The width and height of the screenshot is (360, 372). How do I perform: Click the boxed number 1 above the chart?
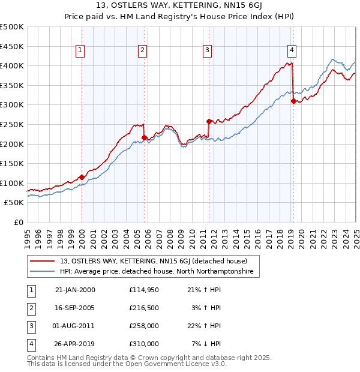coord(80,50)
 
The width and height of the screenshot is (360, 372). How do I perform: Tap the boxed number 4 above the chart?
coord(292,50)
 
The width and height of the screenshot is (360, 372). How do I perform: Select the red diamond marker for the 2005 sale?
coord(144,137)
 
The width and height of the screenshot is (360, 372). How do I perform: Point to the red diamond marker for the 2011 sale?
coord(208,121)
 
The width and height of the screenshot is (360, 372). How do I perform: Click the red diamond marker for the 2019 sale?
coord(293,101)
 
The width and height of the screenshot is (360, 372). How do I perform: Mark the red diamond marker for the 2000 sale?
coord(82,177)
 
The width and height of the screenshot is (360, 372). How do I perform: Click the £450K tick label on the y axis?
coord(12,46)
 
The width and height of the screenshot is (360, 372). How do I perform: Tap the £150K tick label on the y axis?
coord(12,164)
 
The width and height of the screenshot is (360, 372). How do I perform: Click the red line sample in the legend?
coord(43,262)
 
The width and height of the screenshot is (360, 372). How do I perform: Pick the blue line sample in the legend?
coord(43,272)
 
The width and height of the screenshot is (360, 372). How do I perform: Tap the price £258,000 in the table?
coord(144,326)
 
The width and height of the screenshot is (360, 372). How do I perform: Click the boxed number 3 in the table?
coord(30,326)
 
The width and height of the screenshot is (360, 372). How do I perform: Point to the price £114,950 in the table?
coord(144,290)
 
